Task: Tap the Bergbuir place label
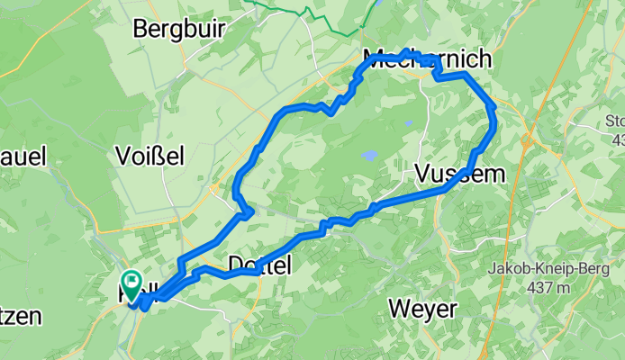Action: point(178,28)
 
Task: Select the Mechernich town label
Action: point(428,60)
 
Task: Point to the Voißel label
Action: point(150,156)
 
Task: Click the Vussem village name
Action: point(460,175)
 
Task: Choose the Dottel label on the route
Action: point(260,265)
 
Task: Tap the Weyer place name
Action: point(422,310)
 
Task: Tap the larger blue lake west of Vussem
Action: point(369,156)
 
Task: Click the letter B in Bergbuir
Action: point(140,28)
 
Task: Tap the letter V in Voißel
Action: point(124,156)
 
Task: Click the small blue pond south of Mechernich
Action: point(408,123)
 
